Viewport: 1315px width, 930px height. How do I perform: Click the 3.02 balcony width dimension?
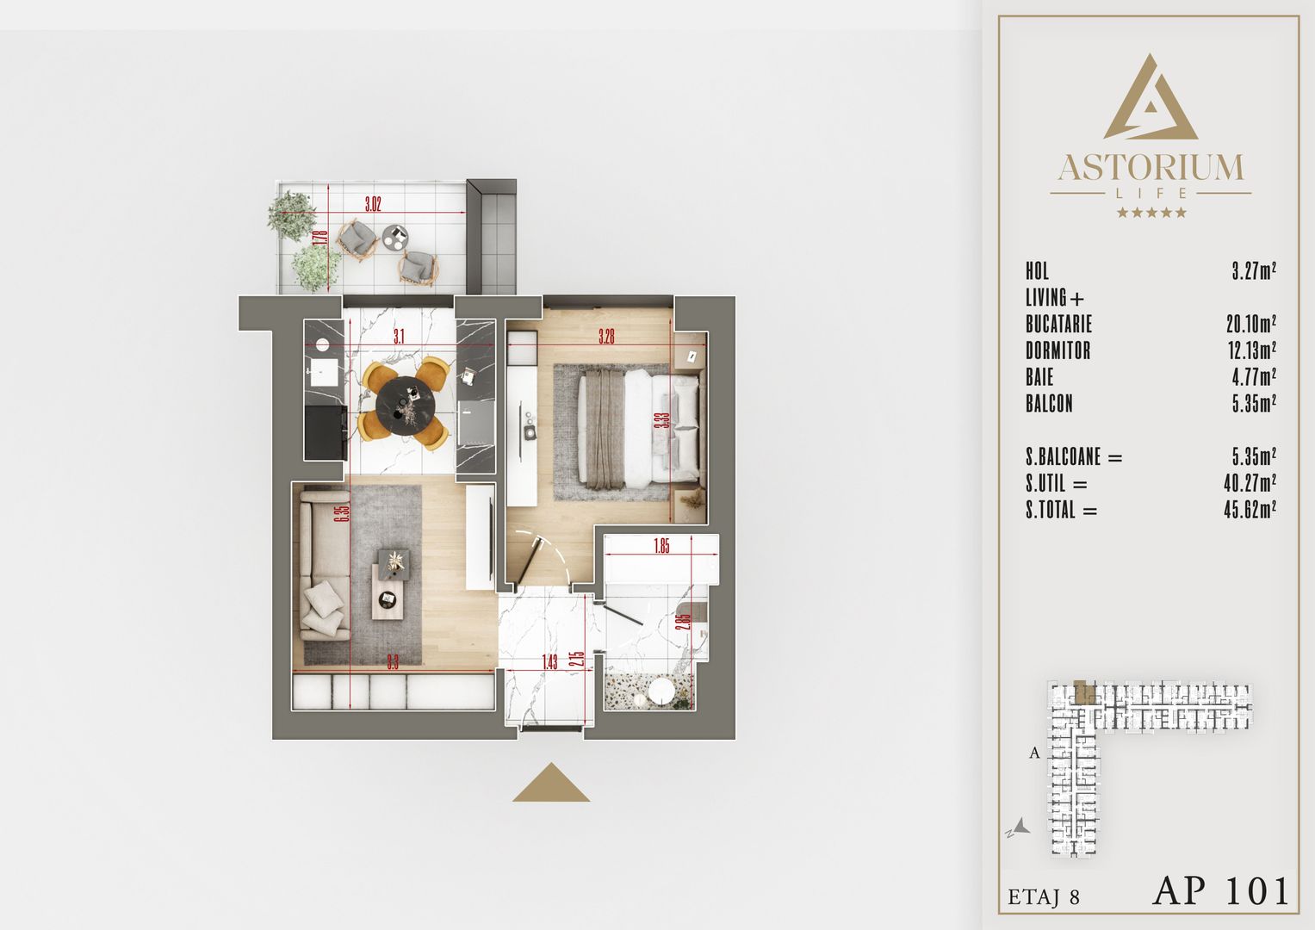tap(372, 205)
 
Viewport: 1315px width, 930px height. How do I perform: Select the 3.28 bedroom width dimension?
tap(607, 338)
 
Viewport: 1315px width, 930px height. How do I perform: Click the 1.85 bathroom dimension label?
tap(661, 546)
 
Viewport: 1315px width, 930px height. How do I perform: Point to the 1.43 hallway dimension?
tap(549, 661)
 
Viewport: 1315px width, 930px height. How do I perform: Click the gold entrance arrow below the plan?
tap(551, 784)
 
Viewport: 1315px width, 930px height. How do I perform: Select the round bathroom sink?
tap(661, 691)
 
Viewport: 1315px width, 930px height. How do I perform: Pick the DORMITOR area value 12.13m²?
tap(1250, 350)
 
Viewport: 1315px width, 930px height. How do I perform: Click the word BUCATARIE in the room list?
tap(1058, 325)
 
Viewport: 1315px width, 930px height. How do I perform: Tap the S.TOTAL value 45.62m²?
tap(1250, 510)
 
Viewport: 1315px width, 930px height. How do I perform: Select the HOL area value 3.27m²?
tap(1253, 271)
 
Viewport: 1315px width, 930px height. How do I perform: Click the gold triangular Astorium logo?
tap(1150, 99)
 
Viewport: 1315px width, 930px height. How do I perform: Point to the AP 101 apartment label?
tap(1220, 891)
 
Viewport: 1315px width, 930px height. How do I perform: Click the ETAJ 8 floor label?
tap(1044, 896)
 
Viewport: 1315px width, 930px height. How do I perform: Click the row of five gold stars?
tap(1151, 213)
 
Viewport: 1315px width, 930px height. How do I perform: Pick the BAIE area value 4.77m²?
tap(1253, 377)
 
